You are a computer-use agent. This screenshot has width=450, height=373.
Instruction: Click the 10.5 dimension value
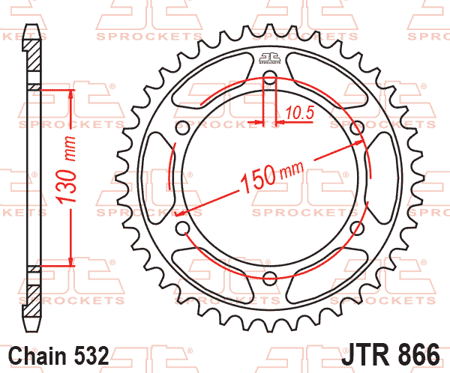pos(300,112)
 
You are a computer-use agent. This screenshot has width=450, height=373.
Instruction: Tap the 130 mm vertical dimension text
pos(67,170)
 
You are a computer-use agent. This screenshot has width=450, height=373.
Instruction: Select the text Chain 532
pos(58,356)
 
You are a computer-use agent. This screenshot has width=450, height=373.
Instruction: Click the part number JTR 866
pos(390,354)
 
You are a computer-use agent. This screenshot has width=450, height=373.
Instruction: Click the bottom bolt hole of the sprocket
pos(270,278)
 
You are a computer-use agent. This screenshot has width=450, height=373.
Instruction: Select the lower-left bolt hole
pos(182,228)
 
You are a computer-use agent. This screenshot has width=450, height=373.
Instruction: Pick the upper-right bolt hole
pos(358,127)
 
